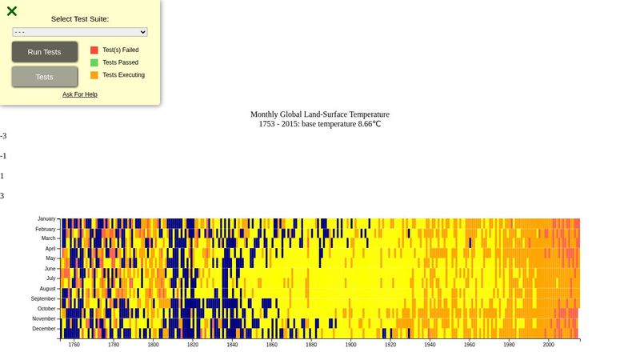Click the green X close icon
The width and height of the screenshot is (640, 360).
pos(12,11)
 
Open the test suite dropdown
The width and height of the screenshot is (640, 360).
pos(80,32)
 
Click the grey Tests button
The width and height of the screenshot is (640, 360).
pos(45,77)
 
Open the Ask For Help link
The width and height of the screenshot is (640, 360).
pos(80,94)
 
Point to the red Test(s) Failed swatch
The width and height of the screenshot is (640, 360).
pos(94,50)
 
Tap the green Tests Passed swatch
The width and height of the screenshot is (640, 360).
pos(94,62)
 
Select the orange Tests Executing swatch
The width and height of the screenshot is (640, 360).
pos(94,75)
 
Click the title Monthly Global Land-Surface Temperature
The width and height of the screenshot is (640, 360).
pos(320,114)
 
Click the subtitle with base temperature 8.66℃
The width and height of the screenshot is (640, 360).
pos(320,124)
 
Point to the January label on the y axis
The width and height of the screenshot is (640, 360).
pos(46,218)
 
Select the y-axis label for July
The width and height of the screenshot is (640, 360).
pos(50,278)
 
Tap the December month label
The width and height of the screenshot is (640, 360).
pos(44,329)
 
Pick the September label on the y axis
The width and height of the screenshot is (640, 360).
pos(44,298)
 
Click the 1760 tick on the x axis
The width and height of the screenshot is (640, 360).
pos(74,345)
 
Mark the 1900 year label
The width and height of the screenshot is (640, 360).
pos(351,345)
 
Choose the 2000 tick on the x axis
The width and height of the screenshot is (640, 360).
pos(549,345)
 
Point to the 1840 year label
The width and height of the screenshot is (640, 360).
pos(232,345)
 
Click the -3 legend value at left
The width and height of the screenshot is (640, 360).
pos(3,136)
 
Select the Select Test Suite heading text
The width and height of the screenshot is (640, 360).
pos(80,18)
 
